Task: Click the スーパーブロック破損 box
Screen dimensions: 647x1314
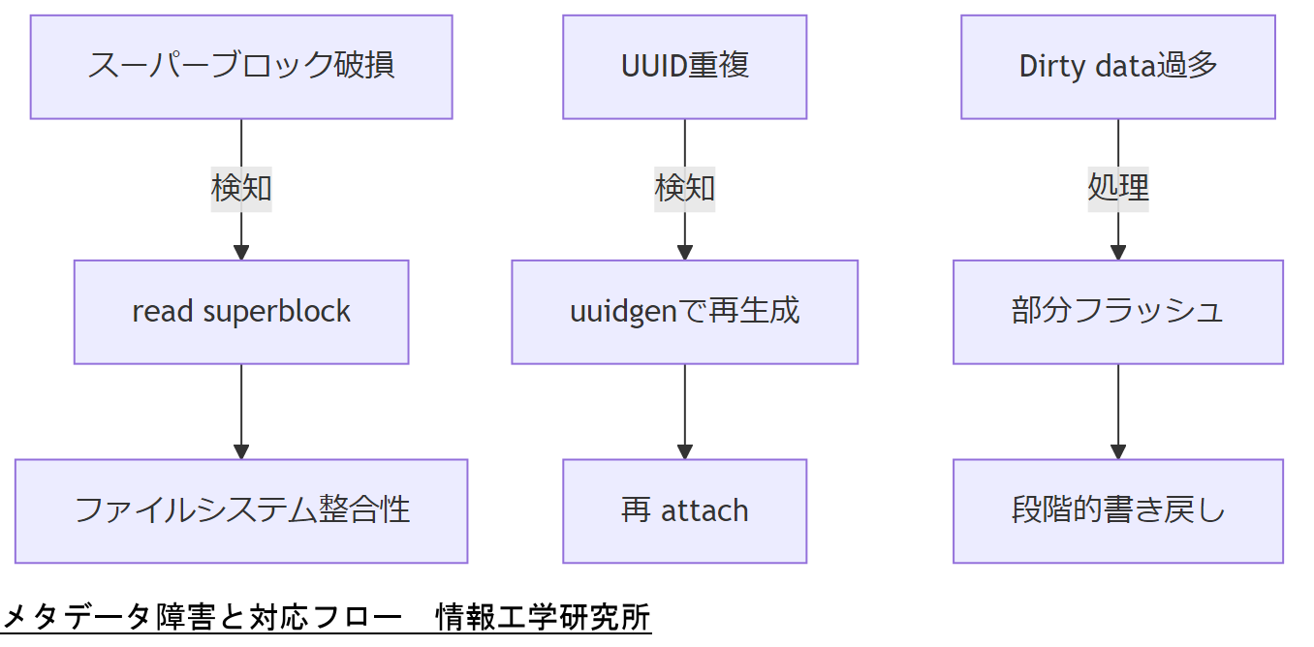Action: pyautogui.click(x=241, y=67)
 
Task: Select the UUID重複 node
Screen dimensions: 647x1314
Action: pyautogui.click(x=684, y=67)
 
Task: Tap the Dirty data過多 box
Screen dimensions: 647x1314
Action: pyautogui.click(x=1117, y=67)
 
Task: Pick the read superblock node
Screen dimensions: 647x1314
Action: pyautogui.click(x=241, y=312)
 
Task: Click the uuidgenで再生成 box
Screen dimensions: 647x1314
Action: pyautogui.click(x=684, y=312)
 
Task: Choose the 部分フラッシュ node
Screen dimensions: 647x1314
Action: pyautogui.click(x=1117, y=312)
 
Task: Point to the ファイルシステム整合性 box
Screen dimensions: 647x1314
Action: pyautogui.click(x=241, y=510)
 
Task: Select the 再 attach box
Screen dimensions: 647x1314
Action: pyautogui.click(x=684, y=510)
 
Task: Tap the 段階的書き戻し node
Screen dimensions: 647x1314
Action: pyautogui.click(x=1117, y=510)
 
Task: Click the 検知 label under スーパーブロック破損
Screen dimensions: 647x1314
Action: pyautogui.click(x=241, y=188)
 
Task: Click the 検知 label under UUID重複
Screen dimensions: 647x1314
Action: pyautogui.click(x=684, y=188)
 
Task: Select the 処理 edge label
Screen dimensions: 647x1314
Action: pyautogui.click(x=1117, y=188)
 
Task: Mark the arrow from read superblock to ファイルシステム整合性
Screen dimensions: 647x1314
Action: pyautogui.click(x=241, y=407)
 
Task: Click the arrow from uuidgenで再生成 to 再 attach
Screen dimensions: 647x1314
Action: pyautogui.click(x=684, y=407)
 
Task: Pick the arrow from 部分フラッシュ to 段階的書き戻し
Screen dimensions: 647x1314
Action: pyautogui.click(x=1117, y=407)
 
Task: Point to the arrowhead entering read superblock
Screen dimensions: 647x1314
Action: pyautogui.click(x=241, y=253)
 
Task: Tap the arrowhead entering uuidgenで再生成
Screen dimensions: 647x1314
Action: pyautogui.click(x=684, y=253)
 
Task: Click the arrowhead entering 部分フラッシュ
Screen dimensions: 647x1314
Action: pyautogui.click(x=1117, y=253)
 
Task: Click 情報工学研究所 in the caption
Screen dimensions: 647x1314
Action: pyautogui.click(x=543, y=617)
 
